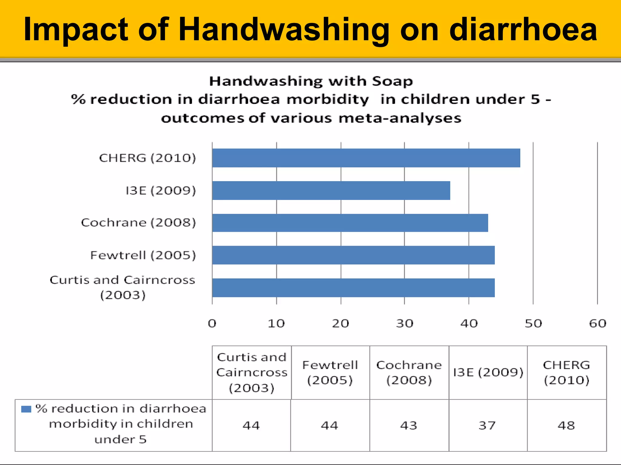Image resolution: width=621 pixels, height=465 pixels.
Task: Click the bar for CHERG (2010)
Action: click(366, 158)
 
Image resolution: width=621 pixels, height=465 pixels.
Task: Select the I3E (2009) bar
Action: click(331, 191)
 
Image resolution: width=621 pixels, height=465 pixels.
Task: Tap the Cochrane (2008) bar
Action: click(350, 223)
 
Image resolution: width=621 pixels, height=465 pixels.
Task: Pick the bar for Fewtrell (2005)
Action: click(353, 255)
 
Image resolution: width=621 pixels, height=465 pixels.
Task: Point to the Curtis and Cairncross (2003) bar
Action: click(353, 288)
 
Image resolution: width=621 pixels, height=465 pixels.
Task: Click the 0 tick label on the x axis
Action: click(212, 324)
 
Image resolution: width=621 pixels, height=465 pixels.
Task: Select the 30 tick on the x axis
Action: click(404, 324)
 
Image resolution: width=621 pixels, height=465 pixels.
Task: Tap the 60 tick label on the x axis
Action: click(597, 324)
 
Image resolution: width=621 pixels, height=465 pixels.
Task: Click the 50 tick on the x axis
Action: click(533, 324)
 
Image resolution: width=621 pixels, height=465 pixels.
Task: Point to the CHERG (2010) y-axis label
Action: click(147, 158)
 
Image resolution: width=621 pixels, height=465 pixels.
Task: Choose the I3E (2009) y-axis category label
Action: click(161, 191)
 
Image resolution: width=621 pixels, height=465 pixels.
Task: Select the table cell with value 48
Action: click(566, 426)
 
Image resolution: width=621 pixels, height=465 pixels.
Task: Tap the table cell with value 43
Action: click(409, 426)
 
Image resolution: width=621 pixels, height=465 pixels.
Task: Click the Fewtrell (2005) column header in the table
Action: click(330, 373)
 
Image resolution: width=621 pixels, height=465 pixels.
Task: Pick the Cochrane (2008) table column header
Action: click(409, 373)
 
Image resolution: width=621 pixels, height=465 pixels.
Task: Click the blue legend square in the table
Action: click(26, 409)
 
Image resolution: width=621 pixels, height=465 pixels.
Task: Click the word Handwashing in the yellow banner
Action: click(284, 30)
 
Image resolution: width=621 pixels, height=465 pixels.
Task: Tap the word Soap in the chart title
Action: click(392, 81)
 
